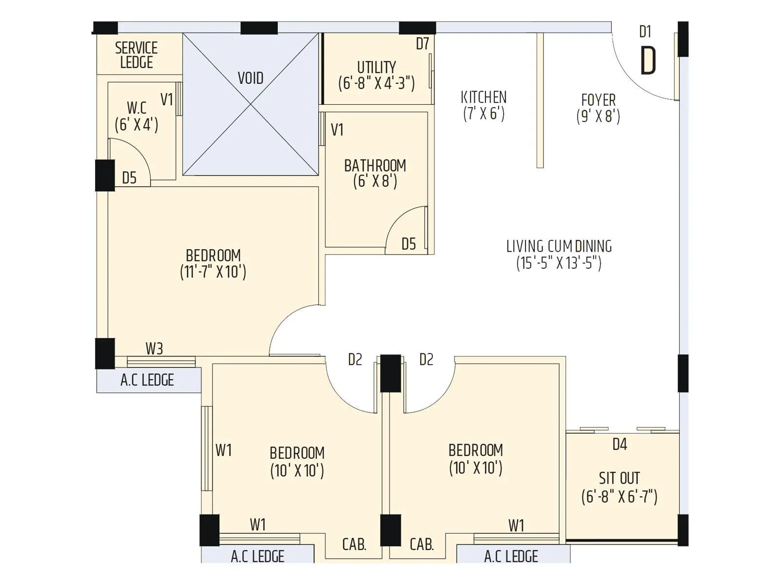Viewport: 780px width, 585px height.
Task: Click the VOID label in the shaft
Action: point(251,78)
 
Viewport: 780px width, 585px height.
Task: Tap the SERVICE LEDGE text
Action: point(136,55)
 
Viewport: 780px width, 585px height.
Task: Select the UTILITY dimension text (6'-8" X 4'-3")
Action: point(376,83)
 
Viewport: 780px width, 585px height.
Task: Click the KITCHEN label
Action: point(484,97)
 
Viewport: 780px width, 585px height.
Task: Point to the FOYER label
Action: point(598,100)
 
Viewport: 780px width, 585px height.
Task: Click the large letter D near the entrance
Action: point(648,61)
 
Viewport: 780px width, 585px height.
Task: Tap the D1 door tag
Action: point(645,32)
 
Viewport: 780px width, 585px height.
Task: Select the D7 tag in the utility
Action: point(422,44)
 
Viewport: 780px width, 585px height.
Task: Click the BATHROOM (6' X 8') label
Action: point(375,173)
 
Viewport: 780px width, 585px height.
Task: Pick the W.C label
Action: point(136,108)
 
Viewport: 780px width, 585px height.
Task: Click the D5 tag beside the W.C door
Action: point(129,178)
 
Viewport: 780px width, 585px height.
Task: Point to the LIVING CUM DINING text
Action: point(559,246)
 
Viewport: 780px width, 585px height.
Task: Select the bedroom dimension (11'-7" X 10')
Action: point(213,272)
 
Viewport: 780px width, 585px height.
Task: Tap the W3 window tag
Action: point(154,349)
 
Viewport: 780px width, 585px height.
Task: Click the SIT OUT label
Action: point(619,478)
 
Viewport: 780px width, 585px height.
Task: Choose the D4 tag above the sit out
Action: point(620,445)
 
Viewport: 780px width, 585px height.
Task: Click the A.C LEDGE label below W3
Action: point(147,380)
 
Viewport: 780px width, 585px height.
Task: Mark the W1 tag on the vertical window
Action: point(223,450)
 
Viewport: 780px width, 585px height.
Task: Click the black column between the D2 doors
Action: point(390,373)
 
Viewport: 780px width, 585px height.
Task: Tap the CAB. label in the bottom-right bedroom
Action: point(422,544)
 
